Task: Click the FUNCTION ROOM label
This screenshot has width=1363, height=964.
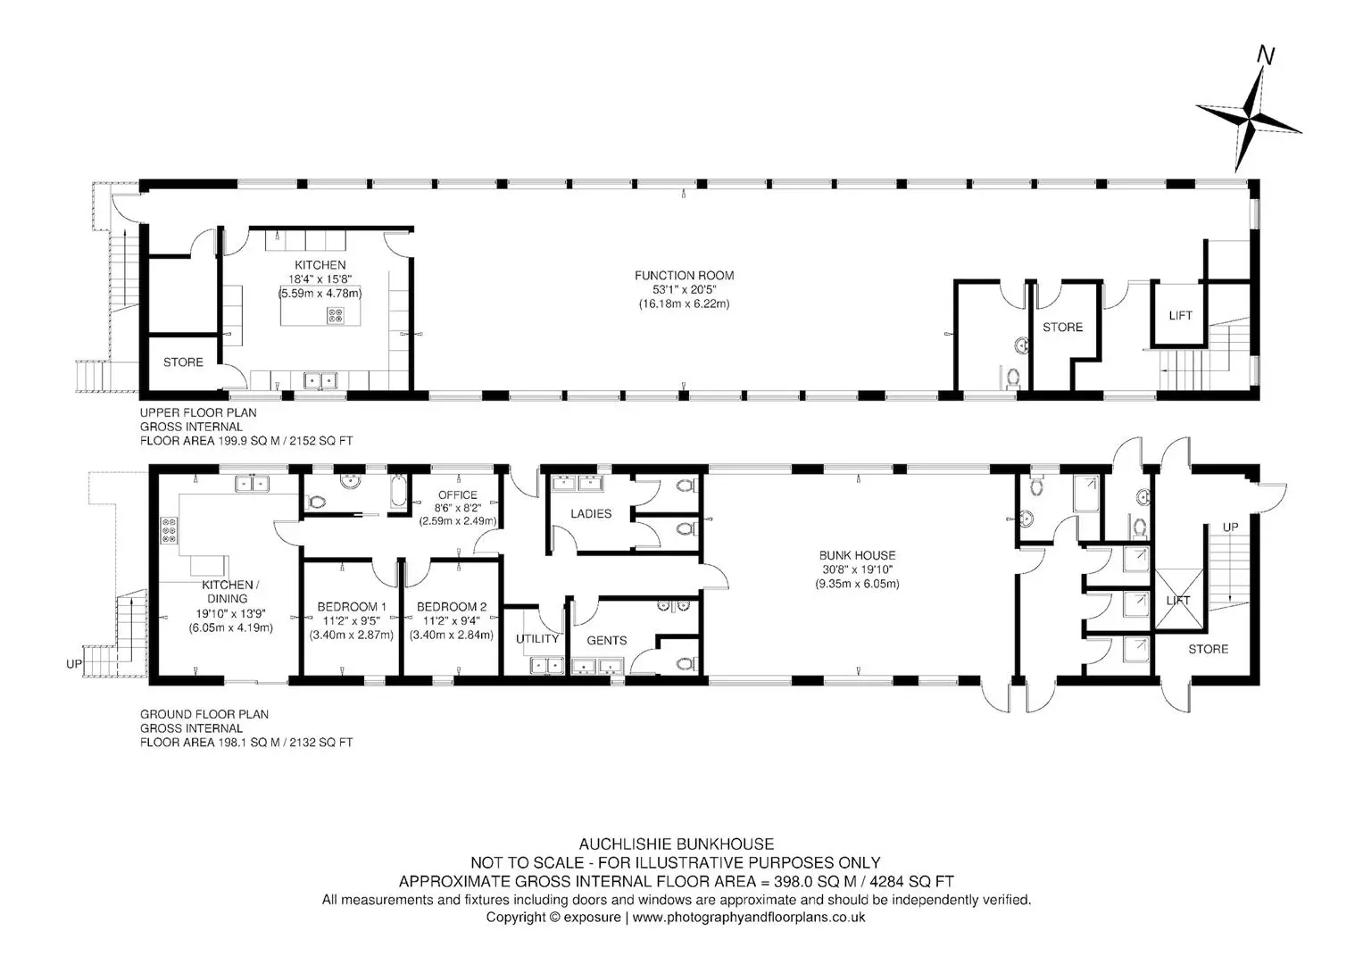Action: click(684, 276)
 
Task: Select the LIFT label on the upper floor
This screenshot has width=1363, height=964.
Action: click(1180, 315)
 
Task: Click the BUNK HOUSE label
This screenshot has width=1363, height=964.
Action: click(858, 555)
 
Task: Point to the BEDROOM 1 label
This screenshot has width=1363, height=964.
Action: click(352, 607)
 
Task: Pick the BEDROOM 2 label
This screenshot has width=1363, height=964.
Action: click(452, 607)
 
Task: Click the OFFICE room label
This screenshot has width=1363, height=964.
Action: click(458, 494)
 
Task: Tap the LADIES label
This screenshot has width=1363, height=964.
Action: click(591, 513)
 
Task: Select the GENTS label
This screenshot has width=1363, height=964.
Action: click(607, 640)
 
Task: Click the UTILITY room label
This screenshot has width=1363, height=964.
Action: click(537, 638)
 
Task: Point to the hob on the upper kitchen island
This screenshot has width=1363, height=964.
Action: click(336, 315)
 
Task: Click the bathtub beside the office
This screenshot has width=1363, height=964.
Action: click(398, 491)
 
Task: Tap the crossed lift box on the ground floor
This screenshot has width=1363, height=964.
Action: click(1178, 598)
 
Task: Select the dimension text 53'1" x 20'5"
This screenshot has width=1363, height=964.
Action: click(684, 290)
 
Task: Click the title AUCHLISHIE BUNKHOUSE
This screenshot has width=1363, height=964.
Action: click(677, 844)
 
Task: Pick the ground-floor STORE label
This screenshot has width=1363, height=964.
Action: click(1209, 649)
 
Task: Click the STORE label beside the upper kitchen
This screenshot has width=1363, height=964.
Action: click(183, 362)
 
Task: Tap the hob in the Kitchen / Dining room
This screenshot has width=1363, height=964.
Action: click(170, 530)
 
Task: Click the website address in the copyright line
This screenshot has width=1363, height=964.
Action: click(748, 918)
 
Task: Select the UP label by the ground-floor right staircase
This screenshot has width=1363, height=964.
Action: click(1230, 527)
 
